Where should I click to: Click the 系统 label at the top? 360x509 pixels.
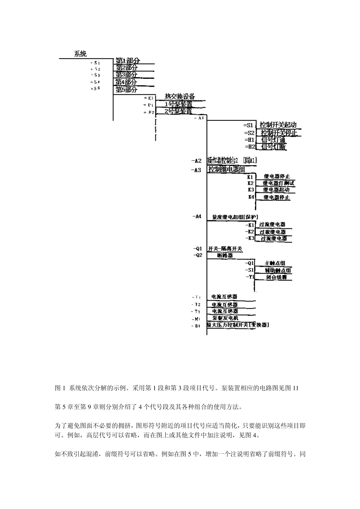pos(80,54)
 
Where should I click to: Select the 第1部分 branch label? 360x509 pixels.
pos(128,61)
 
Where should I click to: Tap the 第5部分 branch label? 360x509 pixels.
pos(127,90)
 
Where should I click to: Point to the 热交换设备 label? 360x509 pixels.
pos(180,97)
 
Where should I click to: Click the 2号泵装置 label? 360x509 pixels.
pos(178,111)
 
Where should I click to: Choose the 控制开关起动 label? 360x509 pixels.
pos(278,125)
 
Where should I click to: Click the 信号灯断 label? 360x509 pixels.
pos(274,147)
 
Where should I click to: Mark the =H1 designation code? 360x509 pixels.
pos(249,140)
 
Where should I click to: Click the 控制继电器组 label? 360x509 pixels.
pos(227,169)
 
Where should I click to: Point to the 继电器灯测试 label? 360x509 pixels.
pos(279,183)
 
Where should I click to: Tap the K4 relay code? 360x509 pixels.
pos(251,197)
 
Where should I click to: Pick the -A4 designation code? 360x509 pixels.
pos(197,217)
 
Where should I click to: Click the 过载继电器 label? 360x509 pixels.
pos(272,232)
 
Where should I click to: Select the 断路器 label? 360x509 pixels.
pos(225,256)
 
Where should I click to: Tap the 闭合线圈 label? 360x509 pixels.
pos(277,277)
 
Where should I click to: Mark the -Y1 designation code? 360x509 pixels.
pos(250,277)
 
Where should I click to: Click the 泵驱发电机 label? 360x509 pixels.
pos(225,318)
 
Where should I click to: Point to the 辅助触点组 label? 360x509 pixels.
pos(278,270)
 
